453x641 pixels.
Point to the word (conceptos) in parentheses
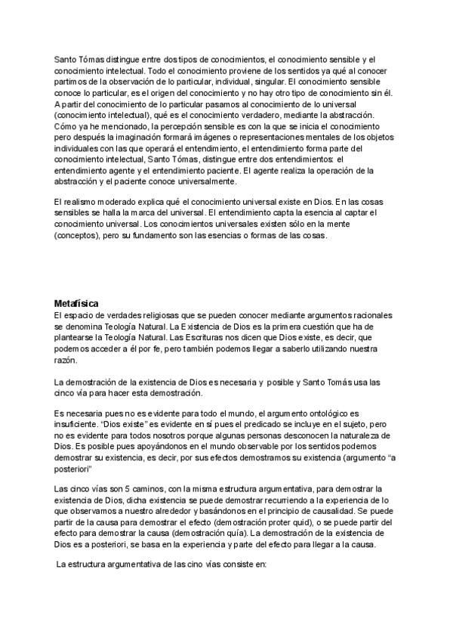(78, 235)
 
